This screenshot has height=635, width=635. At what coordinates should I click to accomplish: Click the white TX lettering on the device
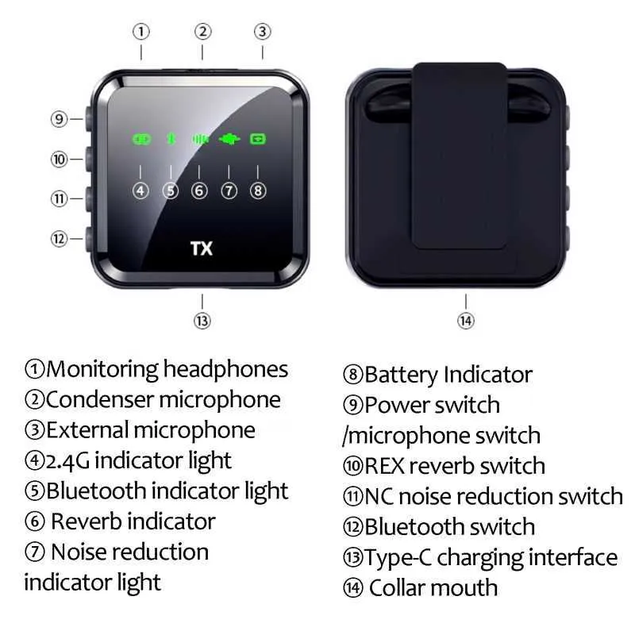tap(202, 248)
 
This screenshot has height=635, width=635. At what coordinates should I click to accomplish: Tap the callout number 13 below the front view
tap(202, 321)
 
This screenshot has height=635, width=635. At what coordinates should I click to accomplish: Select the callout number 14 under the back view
tap(466, 321)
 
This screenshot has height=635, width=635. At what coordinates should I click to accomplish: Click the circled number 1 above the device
tap(141, 32)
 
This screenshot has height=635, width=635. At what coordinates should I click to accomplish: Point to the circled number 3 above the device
tap(263, 32)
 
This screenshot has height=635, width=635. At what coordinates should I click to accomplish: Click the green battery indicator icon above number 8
tap(258, 140)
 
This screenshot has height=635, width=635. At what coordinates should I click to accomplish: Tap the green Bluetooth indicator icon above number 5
tap(171, 140)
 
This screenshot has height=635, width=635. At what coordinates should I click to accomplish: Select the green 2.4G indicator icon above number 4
tap(141, 140)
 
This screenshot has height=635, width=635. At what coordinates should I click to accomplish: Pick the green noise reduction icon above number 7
tap(229, 140)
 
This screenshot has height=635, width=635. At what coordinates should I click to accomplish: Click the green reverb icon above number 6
tap(201, 140)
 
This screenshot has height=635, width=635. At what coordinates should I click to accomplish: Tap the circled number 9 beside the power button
tap(59, 119)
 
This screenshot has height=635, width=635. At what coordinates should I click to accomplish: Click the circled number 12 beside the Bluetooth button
tap(59, 239)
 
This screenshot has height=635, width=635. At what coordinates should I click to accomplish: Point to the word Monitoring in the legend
tap(102, 370)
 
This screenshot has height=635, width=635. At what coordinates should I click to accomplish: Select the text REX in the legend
tap(384, 466)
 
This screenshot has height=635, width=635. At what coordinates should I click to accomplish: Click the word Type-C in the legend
tap(398, 558)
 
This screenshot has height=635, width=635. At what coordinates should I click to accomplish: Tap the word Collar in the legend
tap(398, 587)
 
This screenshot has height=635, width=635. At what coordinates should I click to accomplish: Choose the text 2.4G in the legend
tap(67, 461)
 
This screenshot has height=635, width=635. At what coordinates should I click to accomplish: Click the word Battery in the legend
tap(402, 375)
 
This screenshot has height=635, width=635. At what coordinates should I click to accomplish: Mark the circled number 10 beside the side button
tap(59, 160)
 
